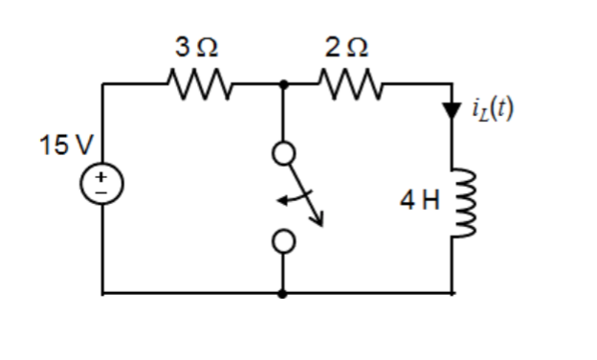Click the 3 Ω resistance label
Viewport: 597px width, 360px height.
199,46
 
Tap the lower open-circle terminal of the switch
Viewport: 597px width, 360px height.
283,243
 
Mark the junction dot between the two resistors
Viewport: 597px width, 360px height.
283,84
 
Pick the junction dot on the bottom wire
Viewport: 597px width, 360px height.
283,293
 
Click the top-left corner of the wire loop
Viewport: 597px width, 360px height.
103,84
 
